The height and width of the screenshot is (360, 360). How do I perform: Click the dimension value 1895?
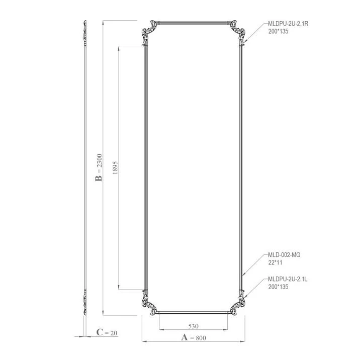pos(115,167)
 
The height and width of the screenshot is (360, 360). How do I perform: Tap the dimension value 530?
pos(193,326)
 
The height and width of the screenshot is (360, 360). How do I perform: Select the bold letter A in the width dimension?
pos(185,337)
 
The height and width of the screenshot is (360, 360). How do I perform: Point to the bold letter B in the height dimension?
pos(99,178)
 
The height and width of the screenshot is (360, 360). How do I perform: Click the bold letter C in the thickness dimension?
pos(100,332)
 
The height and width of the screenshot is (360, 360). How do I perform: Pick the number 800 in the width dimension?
pos(201,338)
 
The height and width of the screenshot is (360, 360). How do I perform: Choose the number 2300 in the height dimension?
pos(99,161)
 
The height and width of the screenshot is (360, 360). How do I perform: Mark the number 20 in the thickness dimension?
pos(114,333)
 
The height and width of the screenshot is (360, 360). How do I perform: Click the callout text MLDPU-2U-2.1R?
pos(288,24)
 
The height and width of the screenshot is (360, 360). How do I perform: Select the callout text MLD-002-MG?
pos(284,255)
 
